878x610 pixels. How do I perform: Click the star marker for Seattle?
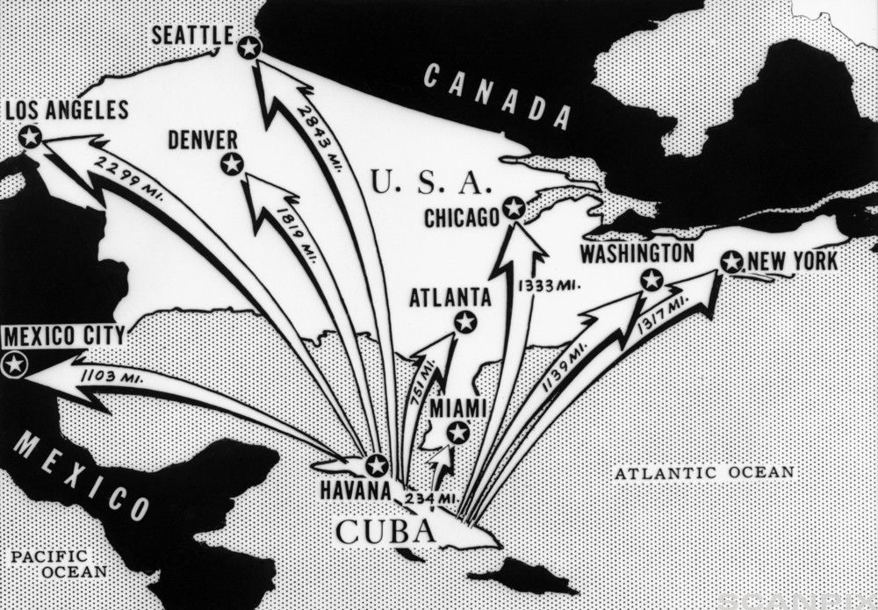[x=249, y=47]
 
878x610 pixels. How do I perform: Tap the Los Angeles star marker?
[x=30, y=136]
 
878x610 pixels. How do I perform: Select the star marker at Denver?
[x=232, y=163]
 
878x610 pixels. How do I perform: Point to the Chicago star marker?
[x=514, y=208]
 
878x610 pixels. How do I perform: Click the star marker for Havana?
[x=377, y=465]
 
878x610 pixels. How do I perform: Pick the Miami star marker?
[x=457, y=432]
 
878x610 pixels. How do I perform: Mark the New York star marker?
[x=731, y=262]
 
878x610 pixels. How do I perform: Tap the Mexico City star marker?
[x=13, y=364]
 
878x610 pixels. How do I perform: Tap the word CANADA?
[x=496, y=97]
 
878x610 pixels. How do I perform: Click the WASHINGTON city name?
[x=637, y=254]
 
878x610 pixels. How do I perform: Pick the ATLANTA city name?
[x=450, y=297]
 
